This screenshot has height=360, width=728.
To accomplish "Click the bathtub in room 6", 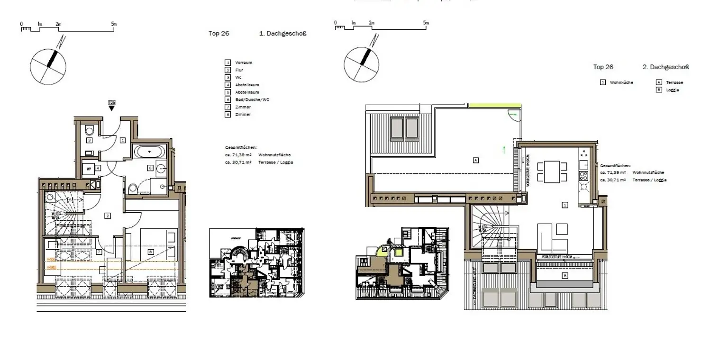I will (x=150, y=152).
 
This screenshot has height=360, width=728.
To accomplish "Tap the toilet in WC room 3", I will (x=90, y=130).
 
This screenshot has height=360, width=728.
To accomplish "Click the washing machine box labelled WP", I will (x=89, y=168).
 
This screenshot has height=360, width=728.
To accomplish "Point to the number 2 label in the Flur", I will (x=108, y=216).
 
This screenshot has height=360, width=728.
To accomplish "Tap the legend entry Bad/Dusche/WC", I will (x=252, y=99).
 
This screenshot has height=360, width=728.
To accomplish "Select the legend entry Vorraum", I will (x=244, y=63).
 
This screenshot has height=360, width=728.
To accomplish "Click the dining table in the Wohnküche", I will (x=552, y=172).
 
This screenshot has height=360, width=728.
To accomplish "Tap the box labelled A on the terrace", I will (x=475, y=160).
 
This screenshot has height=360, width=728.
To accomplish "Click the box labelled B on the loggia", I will (x=564, y=275).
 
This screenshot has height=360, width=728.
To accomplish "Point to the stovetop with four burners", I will (x=583, y=176).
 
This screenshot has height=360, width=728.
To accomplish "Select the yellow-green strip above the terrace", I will (x=494, y=106).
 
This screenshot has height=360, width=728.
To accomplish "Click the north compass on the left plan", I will (x=48, y=65).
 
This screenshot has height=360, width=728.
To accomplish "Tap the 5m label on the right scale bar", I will (x=426, y=23).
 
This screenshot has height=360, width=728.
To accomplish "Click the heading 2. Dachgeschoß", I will (x=665, y=67).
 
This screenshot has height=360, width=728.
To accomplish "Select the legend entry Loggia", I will (x=672, y=90).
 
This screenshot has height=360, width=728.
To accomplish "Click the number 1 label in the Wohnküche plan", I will (x=564, y=205).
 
